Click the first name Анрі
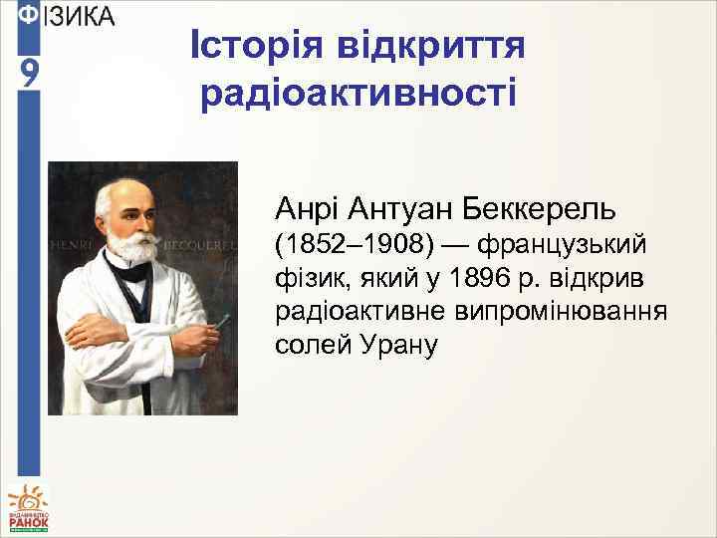(310, 210)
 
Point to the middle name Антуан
(400, 210)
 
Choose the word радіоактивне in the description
(360, 312)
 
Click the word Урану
(395, 346)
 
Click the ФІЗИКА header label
(68, 17)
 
